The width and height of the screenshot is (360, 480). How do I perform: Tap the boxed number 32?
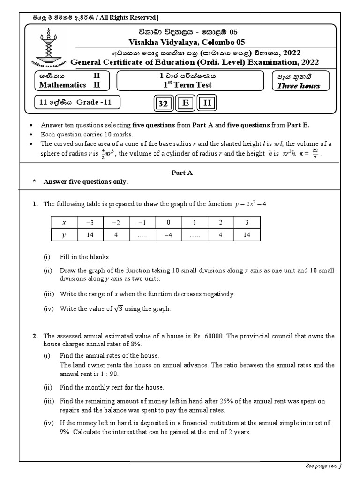click(x=163, y=104)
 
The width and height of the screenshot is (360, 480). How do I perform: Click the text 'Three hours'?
click(x=299, y=85)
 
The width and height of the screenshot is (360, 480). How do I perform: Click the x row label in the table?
click(x=65, y=222)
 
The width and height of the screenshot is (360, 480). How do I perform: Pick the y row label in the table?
click(x=65, y=235)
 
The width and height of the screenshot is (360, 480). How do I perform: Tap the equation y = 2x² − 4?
click(x=250, y=204)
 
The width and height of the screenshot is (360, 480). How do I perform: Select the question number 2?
click(x=35, y=336)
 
